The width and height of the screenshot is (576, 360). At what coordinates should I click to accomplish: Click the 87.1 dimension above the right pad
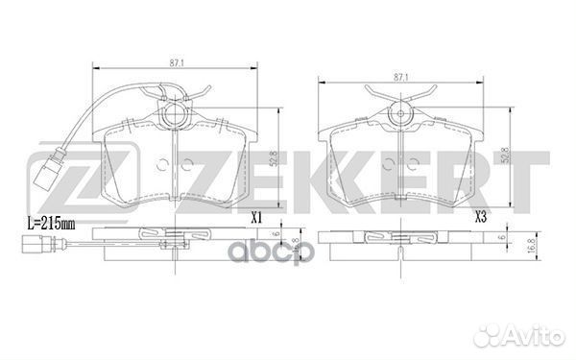coord(402,75)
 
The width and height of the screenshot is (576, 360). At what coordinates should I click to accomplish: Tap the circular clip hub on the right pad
coord(402,117)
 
